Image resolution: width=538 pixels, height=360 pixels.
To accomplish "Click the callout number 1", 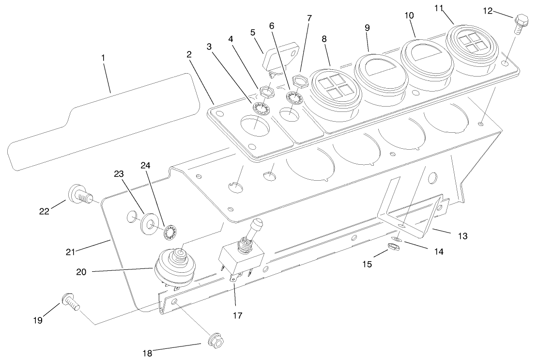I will click(x=103, y=57).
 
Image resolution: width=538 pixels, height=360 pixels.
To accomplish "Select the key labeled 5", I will click(x=280, y=58).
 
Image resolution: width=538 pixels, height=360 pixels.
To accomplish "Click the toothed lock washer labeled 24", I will click(x=170, y=233).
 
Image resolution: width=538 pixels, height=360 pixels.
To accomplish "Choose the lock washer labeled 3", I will click(x=261, y=108).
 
